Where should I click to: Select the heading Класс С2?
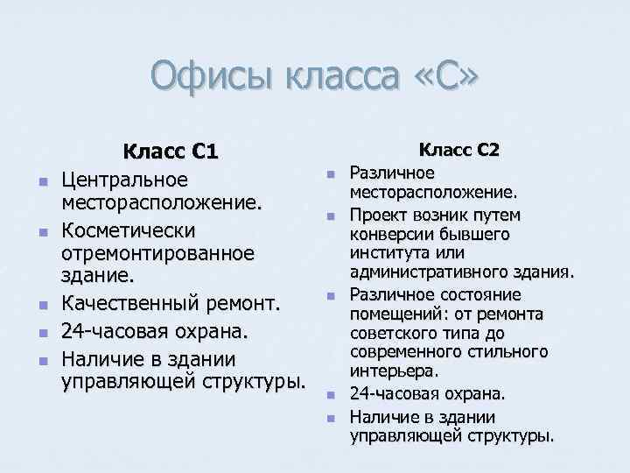[x=459, y=150]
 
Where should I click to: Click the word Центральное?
[x=123, y=180]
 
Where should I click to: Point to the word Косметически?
[x=128, y=229]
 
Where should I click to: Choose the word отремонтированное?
[x=157, y=253]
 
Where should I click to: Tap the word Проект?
[x=375, y=215]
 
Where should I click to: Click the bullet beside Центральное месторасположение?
[x=42, y=181]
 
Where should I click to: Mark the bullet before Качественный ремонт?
[x=42, y=305]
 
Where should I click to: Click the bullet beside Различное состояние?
[x=331, y=295]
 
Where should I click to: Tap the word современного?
[x=406, y=353]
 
